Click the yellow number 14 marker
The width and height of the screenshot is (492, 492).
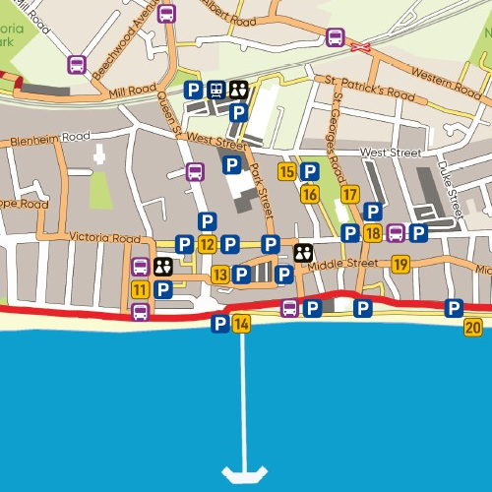coord(241,325)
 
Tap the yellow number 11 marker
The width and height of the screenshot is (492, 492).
coord(141,289)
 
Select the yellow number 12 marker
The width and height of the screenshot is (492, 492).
coord(207,244)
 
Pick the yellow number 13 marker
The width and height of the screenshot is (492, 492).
coord(220,275)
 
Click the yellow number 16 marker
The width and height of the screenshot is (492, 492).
coord(310,194)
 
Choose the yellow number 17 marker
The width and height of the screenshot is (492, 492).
coord(349,194)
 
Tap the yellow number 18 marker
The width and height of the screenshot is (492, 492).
coord(372,233)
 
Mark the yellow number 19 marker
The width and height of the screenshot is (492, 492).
coord(400,264)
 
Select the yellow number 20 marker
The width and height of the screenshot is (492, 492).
coord(473,328)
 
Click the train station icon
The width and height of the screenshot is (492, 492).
coord(215,90)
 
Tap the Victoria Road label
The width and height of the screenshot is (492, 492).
coord(105,238)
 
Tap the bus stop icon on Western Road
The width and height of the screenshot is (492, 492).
coord(335,37)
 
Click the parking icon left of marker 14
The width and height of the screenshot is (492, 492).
coord(219,325)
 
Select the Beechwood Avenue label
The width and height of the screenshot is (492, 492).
coord(125,49)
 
